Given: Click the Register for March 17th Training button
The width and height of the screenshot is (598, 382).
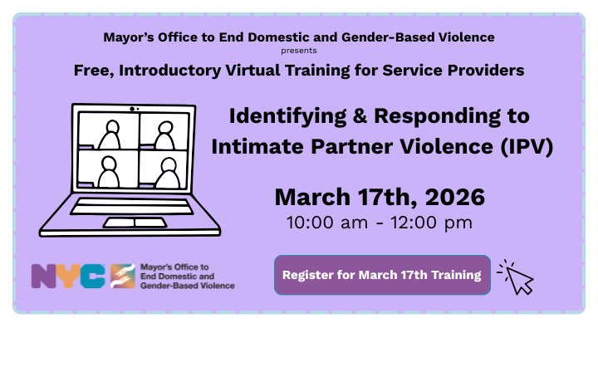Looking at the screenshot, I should click(x=382, y=275).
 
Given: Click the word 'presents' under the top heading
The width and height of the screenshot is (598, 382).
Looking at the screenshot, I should click(x=298, y=51).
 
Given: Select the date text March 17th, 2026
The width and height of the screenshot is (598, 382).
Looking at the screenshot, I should click(x=380, y=198).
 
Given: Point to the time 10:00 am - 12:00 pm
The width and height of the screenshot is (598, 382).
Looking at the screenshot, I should click(x=380, y=223).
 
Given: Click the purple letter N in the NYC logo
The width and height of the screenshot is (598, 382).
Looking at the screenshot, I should click(x=44, y=276).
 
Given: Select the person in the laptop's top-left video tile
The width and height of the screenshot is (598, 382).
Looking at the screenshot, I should click(x=109, y=132).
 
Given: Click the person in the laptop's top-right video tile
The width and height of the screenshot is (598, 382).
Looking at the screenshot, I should click(x=165, y=132).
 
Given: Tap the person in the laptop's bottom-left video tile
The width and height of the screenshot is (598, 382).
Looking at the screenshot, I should click(x=109, y=170).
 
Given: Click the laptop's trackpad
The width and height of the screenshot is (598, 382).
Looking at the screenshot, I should click(x=135, y=222).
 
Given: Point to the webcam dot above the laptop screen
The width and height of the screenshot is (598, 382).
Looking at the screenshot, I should click(x=133, y=109).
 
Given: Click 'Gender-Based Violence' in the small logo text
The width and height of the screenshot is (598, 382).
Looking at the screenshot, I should click(x=188, y=285).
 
